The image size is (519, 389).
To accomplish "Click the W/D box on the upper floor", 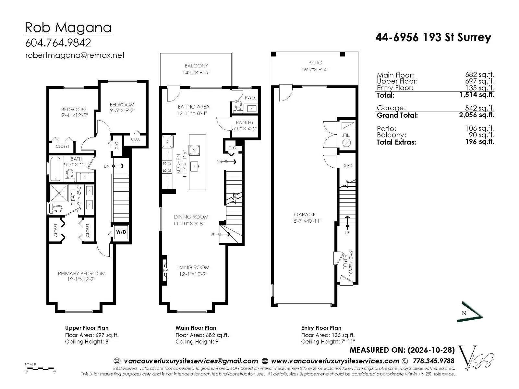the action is click(x=121, y=232).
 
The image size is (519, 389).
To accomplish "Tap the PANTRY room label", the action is click(x=245, y=122).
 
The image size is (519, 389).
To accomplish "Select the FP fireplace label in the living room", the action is click(x=165, y=270).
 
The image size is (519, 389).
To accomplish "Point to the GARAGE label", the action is click(x=305, y=215).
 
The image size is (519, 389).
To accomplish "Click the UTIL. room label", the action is click(x=346, y=135).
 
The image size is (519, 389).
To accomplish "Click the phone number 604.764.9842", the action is click(x=58, y=43).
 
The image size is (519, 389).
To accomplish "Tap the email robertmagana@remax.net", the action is click(x=75, y=55).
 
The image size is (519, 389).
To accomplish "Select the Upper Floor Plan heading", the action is click(x=87, y=328).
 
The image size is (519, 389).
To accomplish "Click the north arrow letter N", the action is click(x=464, y=313).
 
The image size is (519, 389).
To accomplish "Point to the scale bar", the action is click(x=40, y=368).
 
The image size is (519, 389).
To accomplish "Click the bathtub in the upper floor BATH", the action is click(x=55, y=169).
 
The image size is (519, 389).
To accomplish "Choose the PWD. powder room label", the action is click(x=250, y=98).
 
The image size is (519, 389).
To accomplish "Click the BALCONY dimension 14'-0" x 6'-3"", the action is click(x=196, y=73).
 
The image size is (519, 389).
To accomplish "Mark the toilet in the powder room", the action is click(x=238, y=107).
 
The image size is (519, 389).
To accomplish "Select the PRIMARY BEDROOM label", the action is click(x=81, y=274).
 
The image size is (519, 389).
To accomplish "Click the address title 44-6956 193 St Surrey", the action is click(x=433, y=37).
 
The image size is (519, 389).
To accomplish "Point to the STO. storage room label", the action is click(x=348, y=166).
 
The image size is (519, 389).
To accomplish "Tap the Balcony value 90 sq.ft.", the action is click(x=481, y=135).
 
